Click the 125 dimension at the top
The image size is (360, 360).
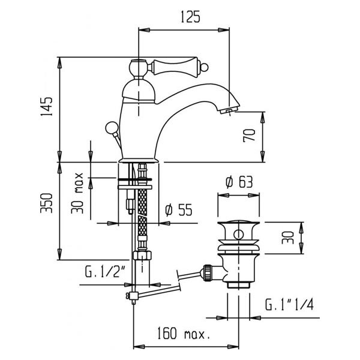click(190, 17)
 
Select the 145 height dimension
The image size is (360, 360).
click(47, 107)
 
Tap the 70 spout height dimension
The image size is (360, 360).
click(249, 136)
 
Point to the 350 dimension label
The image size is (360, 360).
click(46, 203)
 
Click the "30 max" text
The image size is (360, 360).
click(77, 193)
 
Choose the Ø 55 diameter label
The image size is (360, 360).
click(179, 210)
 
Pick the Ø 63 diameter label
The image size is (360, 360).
click(239, 182)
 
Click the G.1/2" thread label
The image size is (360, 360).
click(105, 271)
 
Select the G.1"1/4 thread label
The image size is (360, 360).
click(289, 304)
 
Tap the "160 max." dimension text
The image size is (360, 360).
click(184, 334)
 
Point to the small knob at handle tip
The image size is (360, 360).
click(205, 67)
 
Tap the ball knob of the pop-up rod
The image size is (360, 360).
click(112, 128)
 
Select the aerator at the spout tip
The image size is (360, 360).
click(229, 110)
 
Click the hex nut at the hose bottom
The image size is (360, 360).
click(142, 256)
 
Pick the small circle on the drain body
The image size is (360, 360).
click(239, 235)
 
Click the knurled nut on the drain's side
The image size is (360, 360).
click(207, 272)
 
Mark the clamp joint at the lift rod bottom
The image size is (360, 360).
click(133, 296)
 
